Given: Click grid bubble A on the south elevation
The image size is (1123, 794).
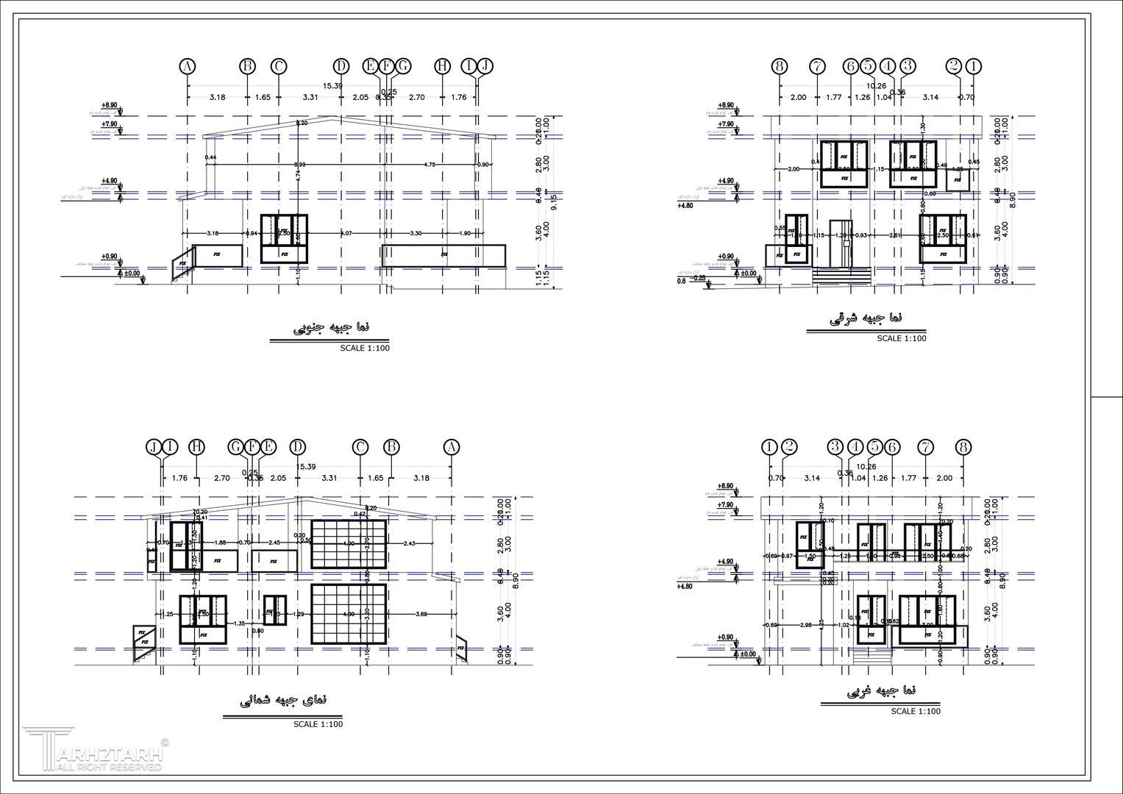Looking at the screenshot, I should tap(188, 66).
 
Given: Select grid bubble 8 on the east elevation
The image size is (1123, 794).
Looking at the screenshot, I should tap(780, 66).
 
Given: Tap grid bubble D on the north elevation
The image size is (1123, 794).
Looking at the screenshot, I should tap(297, 447).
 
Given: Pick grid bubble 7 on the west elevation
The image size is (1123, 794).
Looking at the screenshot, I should tap(925, 447).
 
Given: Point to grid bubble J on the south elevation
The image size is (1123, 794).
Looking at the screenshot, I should tap(484, 66).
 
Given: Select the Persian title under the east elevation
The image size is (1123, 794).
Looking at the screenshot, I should tap(866, 318).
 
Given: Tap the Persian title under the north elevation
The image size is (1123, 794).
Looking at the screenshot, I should tap(283, 700).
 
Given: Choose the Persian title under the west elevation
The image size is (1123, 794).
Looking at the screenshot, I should tap(881, 690).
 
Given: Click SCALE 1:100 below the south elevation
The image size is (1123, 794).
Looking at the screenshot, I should tap(365, 348).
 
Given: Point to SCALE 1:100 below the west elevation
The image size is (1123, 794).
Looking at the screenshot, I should tap(916, 711).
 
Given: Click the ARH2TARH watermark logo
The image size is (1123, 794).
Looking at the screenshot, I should tap(93, 751).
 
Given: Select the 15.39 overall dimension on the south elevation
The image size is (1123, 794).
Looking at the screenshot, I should tap(332, 86).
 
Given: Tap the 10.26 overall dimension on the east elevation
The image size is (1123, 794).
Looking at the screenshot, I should tap(877, 86).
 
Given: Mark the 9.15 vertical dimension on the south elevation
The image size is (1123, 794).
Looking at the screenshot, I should tap(554, 201).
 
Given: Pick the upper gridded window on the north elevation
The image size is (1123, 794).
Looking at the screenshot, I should tap(349, 544).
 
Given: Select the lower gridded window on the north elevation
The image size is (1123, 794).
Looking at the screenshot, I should tap(349, 614).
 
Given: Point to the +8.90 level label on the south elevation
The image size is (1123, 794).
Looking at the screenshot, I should tap(110, 106).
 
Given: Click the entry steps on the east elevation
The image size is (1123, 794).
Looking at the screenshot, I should tap(842, 276).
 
